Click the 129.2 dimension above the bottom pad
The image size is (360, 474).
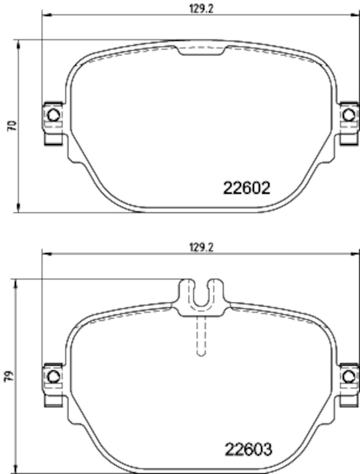(x=200, y=248)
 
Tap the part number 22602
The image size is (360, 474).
(x=247, y=188)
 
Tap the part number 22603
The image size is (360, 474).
(x=247, y=449)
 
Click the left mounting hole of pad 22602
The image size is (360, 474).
(x=53, y=115)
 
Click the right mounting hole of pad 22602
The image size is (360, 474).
(x=348, y=115)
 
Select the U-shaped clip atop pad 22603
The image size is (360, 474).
(x=201, y=293)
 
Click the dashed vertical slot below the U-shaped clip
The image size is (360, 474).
(x=201, y=335)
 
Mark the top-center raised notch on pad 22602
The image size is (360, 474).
(x=201, y=50)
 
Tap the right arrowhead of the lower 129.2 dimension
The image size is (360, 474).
(x=356, y=254)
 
